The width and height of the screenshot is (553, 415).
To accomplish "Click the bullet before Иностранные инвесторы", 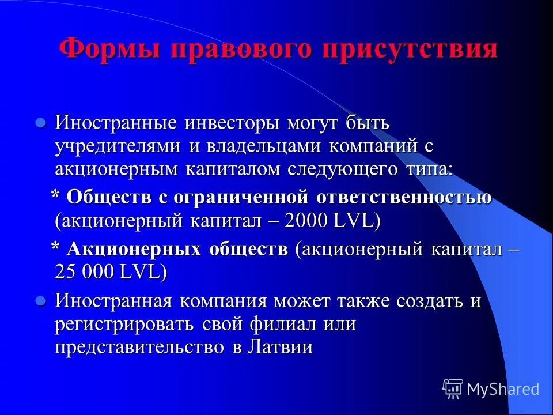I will (40, 122).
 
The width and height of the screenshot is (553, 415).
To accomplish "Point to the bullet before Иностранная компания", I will (40, 300).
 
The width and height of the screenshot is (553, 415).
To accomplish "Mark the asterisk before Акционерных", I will (56, 248).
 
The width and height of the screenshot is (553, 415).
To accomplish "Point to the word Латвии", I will (282, 348).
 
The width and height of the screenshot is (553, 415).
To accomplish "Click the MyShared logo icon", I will (453, 389).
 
